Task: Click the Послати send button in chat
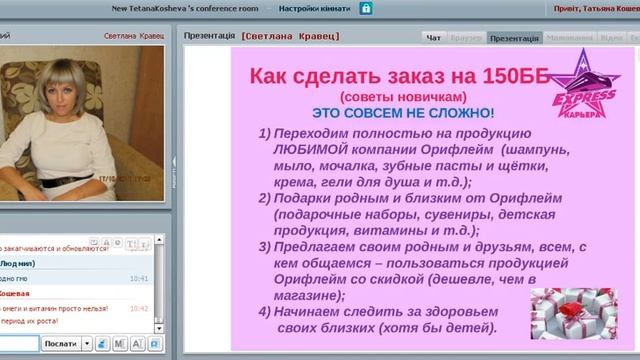pos(60,343)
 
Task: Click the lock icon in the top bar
pos(366,8)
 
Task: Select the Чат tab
pos(433,38)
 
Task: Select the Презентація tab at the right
pos(514,38)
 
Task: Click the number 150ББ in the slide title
pos(501,76)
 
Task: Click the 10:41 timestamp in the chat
pos(139,279)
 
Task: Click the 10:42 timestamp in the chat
pos(139,309)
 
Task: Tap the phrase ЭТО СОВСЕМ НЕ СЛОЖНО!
pos(403,114)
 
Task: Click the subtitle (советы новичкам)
pos(402,97)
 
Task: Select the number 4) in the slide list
pos(264,311)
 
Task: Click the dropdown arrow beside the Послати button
pos(87,343)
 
